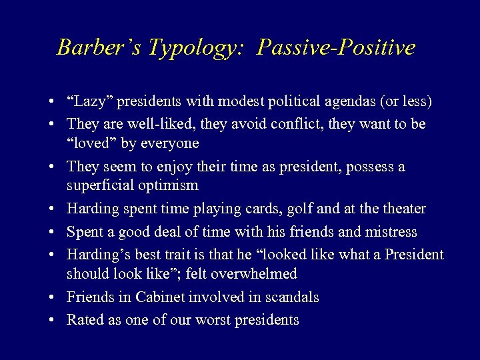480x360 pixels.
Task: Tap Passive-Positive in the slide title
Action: click(336, 47)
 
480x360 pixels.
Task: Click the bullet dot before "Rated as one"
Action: click(51, 321)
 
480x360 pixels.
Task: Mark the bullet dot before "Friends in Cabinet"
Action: click(51, 298)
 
